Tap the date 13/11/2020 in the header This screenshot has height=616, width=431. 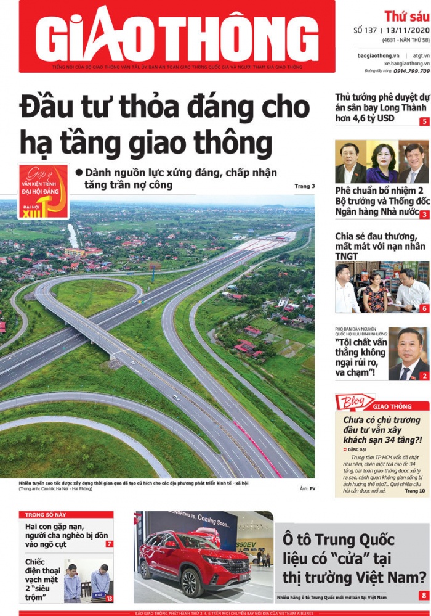point(407,30)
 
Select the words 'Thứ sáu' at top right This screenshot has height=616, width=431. point(406,15)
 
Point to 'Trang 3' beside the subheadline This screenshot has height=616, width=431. point(304,186)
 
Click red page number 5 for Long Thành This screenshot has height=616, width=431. point(424,121)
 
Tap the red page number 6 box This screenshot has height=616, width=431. point(424,308)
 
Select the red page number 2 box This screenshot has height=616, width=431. point(424,376)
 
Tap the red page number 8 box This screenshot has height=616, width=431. point(424,596)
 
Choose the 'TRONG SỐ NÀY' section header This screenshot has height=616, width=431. point(47,514)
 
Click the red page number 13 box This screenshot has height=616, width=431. point(109,598)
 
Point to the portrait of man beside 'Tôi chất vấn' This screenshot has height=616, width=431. point(408,354)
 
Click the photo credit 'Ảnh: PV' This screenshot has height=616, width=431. point(307,489)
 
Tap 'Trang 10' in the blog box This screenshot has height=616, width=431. point(415,491)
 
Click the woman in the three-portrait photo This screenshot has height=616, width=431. point(382,163)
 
